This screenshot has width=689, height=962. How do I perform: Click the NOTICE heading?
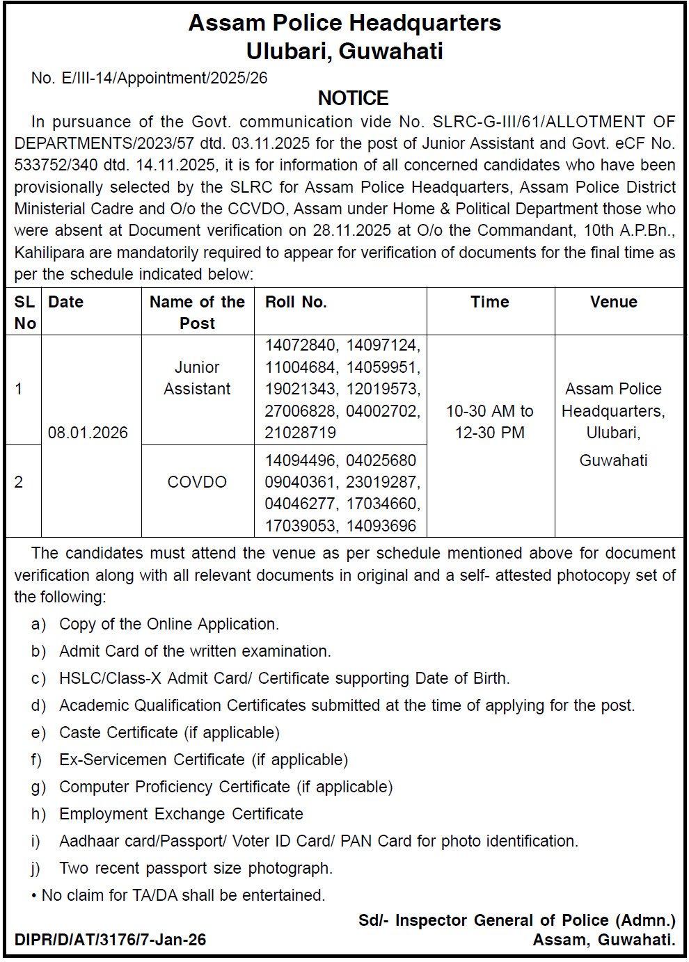[x=353, y=98]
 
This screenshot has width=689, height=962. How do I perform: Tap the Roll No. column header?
[x=296, y=302]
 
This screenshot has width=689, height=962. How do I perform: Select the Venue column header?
[x=613, y=302]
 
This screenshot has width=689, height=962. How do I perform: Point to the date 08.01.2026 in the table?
[x=88, y=433]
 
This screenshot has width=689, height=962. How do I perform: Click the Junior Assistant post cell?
[x=197, y=378]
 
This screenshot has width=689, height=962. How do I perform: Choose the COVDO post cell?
[x=197, y=482]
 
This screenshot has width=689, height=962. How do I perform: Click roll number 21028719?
[x=300, y=433]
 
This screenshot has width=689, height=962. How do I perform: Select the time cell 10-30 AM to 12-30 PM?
[x=490, y=422]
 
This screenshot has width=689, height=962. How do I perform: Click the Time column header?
[x=490, y=302]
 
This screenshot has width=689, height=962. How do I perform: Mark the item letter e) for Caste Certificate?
[x=38, y=732]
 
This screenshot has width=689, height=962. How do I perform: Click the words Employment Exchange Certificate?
[x=181, y=814]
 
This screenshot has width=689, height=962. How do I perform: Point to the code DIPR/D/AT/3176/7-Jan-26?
[x=110, y=940]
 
